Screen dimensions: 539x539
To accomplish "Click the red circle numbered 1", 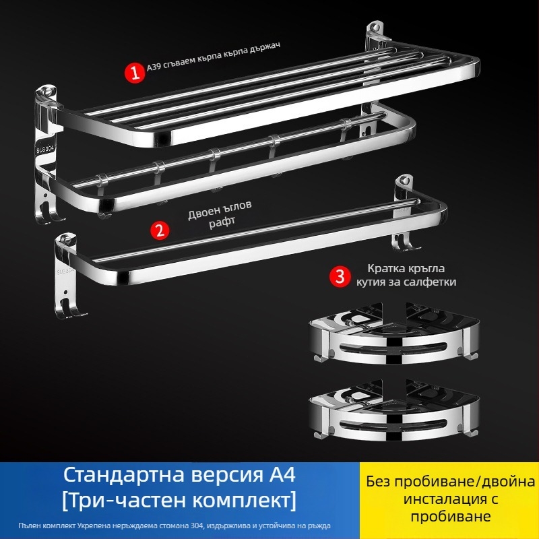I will [x=136, y=73].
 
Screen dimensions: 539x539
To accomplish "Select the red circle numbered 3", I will [x=340, y=275].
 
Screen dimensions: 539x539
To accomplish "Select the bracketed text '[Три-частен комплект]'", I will [x=181, y=501].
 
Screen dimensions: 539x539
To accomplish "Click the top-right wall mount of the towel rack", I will [x=376, y=36].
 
